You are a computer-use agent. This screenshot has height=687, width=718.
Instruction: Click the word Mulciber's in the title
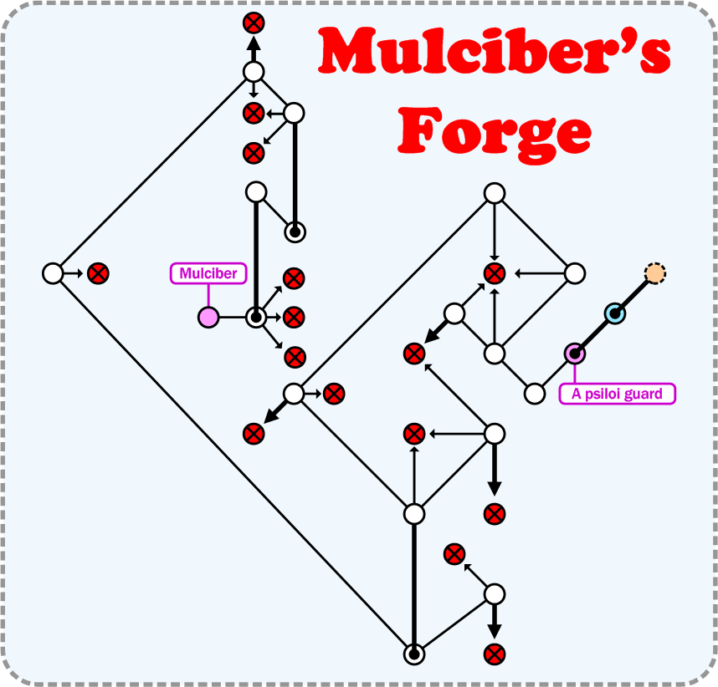coord(494,52)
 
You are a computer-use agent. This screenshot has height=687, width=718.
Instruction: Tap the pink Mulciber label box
coord(208,273)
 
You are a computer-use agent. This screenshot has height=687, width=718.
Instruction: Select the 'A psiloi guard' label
coord(617,394)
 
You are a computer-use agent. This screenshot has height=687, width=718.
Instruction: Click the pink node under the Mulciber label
coord(208,318)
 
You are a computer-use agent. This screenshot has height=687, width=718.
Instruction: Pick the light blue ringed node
coord(615,313)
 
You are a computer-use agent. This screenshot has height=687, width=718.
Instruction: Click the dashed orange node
coord(655,273)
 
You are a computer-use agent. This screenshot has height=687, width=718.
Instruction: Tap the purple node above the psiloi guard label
coord(575,354)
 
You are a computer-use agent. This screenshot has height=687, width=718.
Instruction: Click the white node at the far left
coord(53,273)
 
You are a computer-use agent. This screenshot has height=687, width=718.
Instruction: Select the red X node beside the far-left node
coord(99,273)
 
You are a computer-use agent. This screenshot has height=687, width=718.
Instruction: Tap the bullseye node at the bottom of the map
coord(413,654)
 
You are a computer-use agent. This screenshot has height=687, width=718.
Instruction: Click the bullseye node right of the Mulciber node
coord(256,318)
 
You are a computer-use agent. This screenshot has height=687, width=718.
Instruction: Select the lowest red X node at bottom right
coord(495,654)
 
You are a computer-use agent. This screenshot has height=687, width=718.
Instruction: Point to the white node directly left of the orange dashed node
coord(575,273)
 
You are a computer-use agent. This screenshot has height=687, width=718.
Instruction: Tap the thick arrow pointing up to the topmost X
coord(254,47)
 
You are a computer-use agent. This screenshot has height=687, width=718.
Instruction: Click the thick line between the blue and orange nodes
coord(635,293)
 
